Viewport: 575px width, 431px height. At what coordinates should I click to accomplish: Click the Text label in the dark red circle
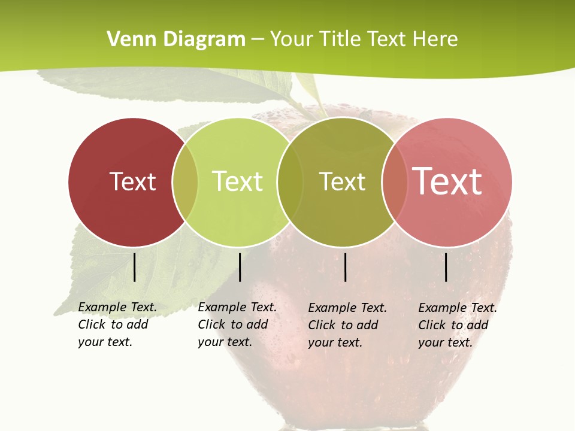click(x=132, y=181)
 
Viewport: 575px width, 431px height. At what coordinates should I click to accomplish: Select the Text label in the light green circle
click(x=238, y=181)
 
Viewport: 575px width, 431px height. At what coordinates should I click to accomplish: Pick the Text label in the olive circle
click(x=342, y=181)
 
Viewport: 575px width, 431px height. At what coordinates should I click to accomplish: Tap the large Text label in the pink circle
click(x=447, y=181)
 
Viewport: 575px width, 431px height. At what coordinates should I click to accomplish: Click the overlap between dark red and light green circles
click(x=185, y=182)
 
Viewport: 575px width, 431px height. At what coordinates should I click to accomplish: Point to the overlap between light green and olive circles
click(x=290, y=182)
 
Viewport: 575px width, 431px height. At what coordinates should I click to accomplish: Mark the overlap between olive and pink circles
click(x=395, y=182)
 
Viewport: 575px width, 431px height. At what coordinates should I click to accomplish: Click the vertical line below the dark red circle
click(x=134, y=267)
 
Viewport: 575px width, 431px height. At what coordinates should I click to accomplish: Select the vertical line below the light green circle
click(x=240, y=267)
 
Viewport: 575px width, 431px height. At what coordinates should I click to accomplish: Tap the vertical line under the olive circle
click(x=346, y=267)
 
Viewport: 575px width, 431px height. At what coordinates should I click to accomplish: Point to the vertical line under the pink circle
click(x=446, y=267)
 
